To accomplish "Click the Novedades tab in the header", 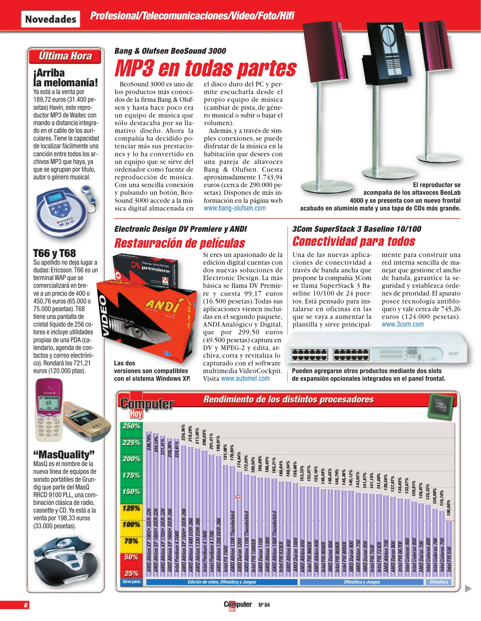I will click(50, 19).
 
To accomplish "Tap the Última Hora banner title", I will click(65, 56).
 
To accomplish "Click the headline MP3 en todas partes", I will click(205, 68).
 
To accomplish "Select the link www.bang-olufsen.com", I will click(235, 208).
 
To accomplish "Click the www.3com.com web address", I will click(402, 324).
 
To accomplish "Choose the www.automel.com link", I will click(245, 378).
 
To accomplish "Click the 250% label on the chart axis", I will click(131, 426).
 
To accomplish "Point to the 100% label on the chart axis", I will click(131, 524).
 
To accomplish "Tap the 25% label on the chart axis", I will click(131, 574).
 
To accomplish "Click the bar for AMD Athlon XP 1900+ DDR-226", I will click(149, 503).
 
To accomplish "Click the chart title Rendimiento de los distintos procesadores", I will click(288, 399).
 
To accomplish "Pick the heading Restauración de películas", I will click(180, 243).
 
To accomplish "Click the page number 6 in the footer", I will click(26, 605).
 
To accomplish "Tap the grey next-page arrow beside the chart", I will click(468, 589).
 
